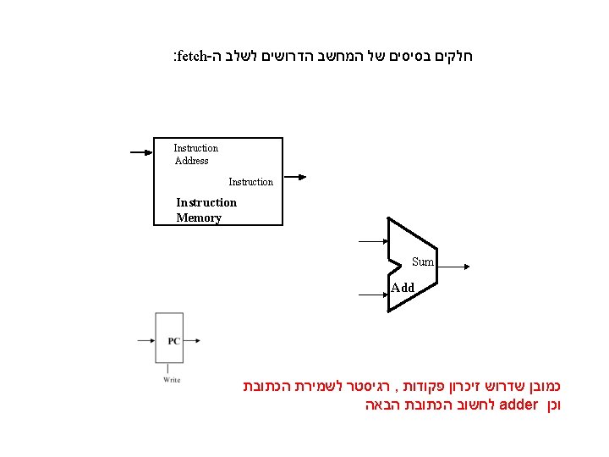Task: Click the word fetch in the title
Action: pyautogui.click(x=194, y=58)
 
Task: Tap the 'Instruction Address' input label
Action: pyautogui.click(x=195, y=154)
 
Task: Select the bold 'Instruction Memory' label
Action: pyautogui.click(x=206, y=210)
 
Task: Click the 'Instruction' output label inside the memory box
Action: pyautogui.click(x=250, y=182)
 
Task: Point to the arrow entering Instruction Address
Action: pyautogui.click(x=140, y=153)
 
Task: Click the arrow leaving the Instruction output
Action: pyautogui.click(x=294, y=178)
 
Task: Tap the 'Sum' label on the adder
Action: pyautogui.click(x=423, y=262)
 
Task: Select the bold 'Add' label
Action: pyautogui.click(x=403, y=288)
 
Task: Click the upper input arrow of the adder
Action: pyautogui.click(x=372, y=241)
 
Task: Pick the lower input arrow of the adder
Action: pyautogui.click(x=372, y=295)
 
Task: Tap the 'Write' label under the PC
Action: pyautogui.click(x=172, y=380)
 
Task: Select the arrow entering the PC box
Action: pyautogui.click(x=145, y=341)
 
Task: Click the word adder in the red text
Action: pyautogui.click(x=518, y=405)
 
